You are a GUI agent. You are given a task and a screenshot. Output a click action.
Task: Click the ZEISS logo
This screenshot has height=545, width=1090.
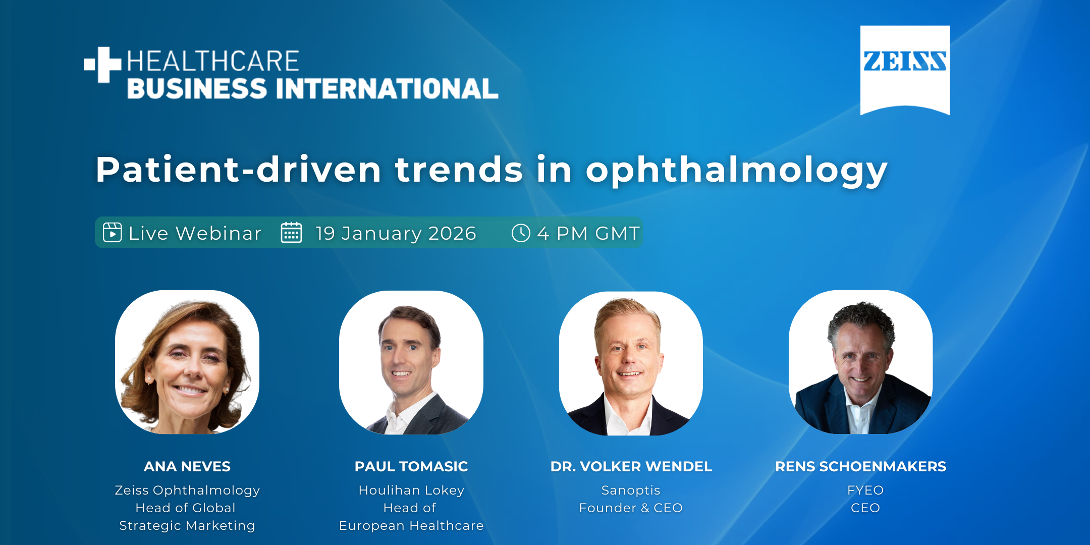coord(905,70)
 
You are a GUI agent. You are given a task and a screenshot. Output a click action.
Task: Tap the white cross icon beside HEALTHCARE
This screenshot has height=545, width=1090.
coord(103,64)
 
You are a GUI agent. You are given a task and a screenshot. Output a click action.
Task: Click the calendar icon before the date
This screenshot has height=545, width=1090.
coord(291,233)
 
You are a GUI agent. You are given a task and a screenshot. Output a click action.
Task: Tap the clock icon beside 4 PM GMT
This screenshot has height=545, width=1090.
coord(521,233)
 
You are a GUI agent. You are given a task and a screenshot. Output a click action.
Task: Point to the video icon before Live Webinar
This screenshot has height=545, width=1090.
coord(113,233)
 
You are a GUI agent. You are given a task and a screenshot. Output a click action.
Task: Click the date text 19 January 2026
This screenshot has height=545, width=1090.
coord(396,233)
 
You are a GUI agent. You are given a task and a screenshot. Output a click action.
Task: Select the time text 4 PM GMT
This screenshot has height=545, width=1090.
coord(588,233)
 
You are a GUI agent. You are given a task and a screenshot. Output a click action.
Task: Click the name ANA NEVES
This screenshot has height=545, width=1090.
coord(187,466)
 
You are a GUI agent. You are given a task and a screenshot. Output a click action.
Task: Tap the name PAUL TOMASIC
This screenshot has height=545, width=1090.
coord(411,466)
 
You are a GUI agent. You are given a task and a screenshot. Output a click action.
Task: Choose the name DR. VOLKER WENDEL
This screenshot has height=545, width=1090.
coord(631,466)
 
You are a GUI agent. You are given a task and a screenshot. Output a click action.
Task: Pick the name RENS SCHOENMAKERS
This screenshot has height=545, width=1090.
coord(861,466)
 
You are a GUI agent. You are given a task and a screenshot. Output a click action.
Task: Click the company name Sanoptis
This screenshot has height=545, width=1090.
coord(631,490)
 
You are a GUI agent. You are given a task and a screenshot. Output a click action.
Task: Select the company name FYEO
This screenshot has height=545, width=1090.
coord(865,490)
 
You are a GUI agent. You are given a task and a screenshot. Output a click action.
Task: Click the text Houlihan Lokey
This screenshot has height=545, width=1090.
coord(411,490)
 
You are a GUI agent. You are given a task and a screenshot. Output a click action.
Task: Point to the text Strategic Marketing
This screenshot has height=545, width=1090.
coord(187,526)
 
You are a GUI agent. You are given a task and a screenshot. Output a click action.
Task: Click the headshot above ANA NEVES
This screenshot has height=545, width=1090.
coord(187,362)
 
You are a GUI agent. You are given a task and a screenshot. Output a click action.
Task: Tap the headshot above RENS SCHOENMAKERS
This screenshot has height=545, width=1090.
coord(861,362)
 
